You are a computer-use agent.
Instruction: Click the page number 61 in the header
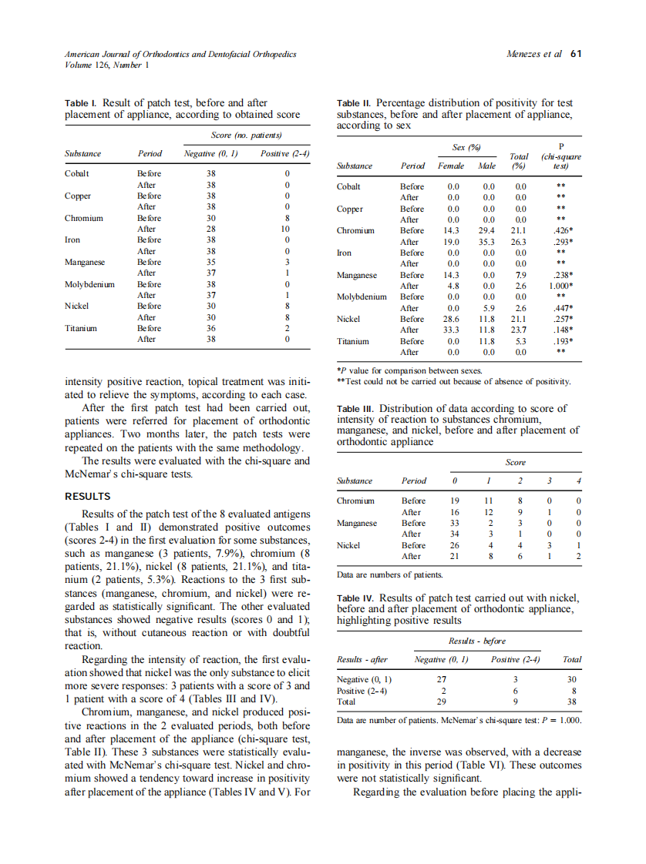[x=575, y=54]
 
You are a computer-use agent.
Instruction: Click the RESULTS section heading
[x=88, y=496]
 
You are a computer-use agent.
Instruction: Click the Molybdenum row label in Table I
[x=89, y=284]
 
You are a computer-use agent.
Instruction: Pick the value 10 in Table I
[x=285, y=229]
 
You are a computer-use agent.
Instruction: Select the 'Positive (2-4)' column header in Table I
[x=284, y=153]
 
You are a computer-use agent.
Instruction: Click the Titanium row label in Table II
[x=353, y=341]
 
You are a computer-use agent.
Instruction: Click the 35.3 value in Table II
[x=488, y=241]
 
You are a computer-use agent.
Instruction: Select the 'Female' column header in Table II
[x=451, y=166]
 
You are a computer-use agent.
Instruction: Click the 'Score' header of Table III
[x=515, y=462]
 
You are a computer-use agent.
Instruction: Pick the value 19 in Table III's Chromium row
[x=455, y=501]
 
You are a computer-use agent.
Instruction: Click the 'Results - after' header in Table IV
[x=363, y=659]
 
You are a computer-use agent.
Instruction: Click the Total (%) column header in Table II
[x=519, y=160]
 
